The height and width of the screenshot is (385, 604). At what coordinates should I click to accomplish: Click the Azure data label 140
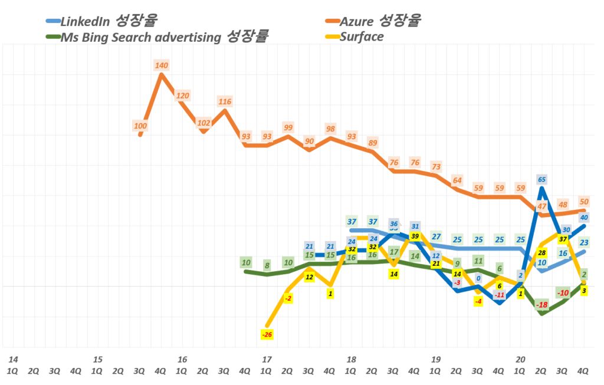coord(162,66)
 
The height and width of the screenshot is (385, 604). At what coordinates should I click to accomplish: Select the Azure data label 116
coord(224,102)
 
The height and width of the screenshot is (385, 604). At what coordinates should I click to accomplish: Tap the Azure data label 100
coord(140,126)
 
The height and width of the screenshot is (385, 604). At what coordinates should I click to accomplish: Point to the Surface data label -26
coord(266,335)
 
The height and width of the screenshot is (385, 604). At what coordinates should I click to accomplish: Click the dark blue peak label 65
coord(541,179)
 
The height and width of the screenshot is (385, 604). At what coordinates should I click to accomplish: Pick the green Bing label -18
coord(541,305)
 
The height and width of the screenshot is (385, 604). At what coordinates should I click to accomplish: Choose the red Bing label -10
coord(563,293)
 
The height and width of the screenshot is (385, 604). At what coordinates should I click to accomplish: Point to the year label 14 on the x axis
coord(13,359)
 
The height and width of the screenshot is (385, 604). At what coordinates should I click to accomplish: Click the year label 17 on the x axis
coord(266,359)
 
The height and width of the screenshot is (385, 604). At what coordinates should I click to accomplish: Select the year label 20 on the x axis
coord(520,359)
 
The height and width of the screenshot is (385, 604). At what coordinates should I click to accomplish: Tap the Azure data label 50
coord(585,202)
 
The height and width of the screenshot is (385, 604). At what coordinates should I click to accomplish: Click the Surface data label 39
coord(415,236)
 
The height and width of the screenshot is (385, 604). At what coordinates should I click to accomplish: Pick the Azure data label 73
coord(436,167)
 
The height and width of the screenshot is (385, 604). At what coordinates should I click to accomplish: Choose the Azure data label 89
coord(372,143)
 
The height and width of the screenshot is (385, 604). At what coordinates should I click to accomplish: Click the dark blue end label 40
coord(585,218)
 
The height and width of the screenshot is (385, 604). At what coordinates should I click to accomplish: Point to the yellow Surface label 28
coord(541,252)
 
